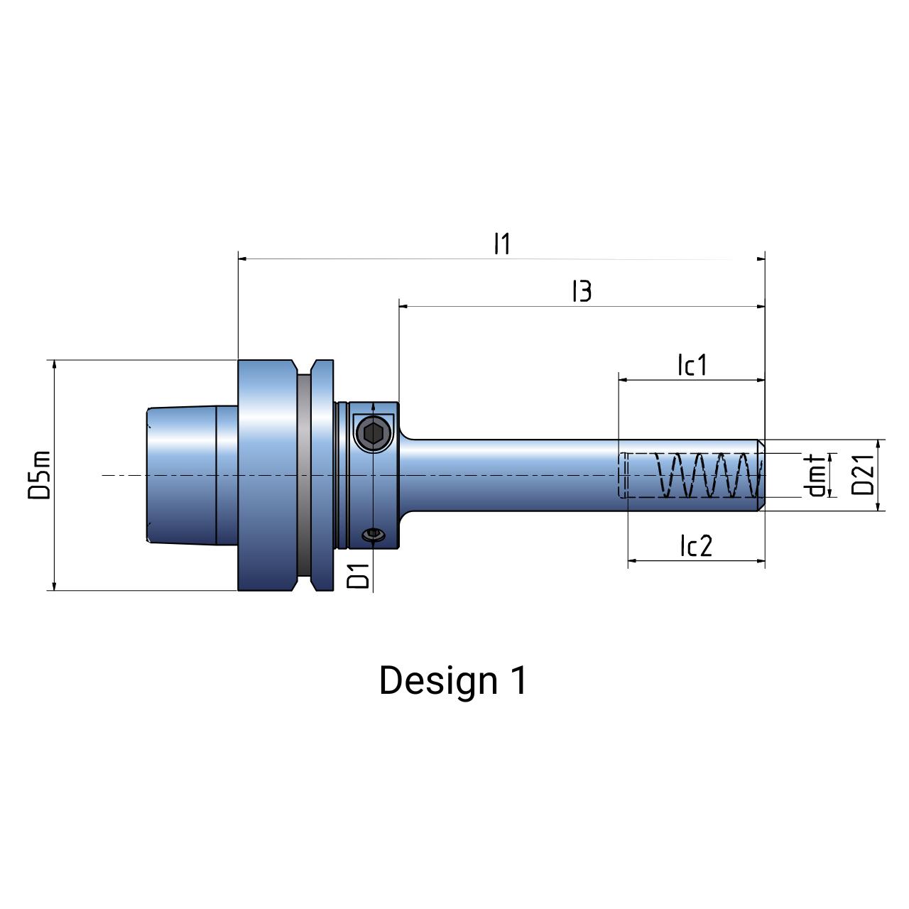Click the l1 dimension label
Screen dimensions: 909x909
(x=502, y=244)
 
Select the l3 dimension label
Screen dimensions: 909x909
(x=582, y=290)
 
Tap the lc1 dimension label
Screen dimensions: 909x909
(x=692, y=365)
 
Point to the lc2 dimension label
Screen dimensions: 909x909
(x=695, y=546)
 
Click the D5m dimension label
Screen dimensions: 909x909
(x=40, y=474)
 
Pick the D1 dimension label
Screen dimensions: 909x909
(x=359, y=575)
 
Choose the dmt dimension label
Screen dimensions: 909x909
(x=817, y=475)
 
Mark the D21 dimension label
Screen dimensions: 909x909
(x=862, y=475)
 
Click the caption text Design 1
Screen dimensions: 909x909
(x=453, y=680)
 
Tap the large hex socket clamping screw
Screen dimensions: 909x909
(x=374, y=432)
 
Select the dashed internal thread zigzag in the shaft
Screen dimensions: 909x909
(x=707, y=474)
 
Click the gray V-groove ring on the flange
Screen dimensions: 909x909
(x=303, y=474)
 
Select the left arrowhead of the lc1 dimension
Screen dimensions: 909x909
(x=624, y=380)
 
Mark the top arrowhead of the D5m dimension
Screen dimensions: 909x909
(x=54, y=365)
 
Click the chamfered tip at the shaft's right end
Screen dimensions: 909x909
(x=761, y=474)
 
